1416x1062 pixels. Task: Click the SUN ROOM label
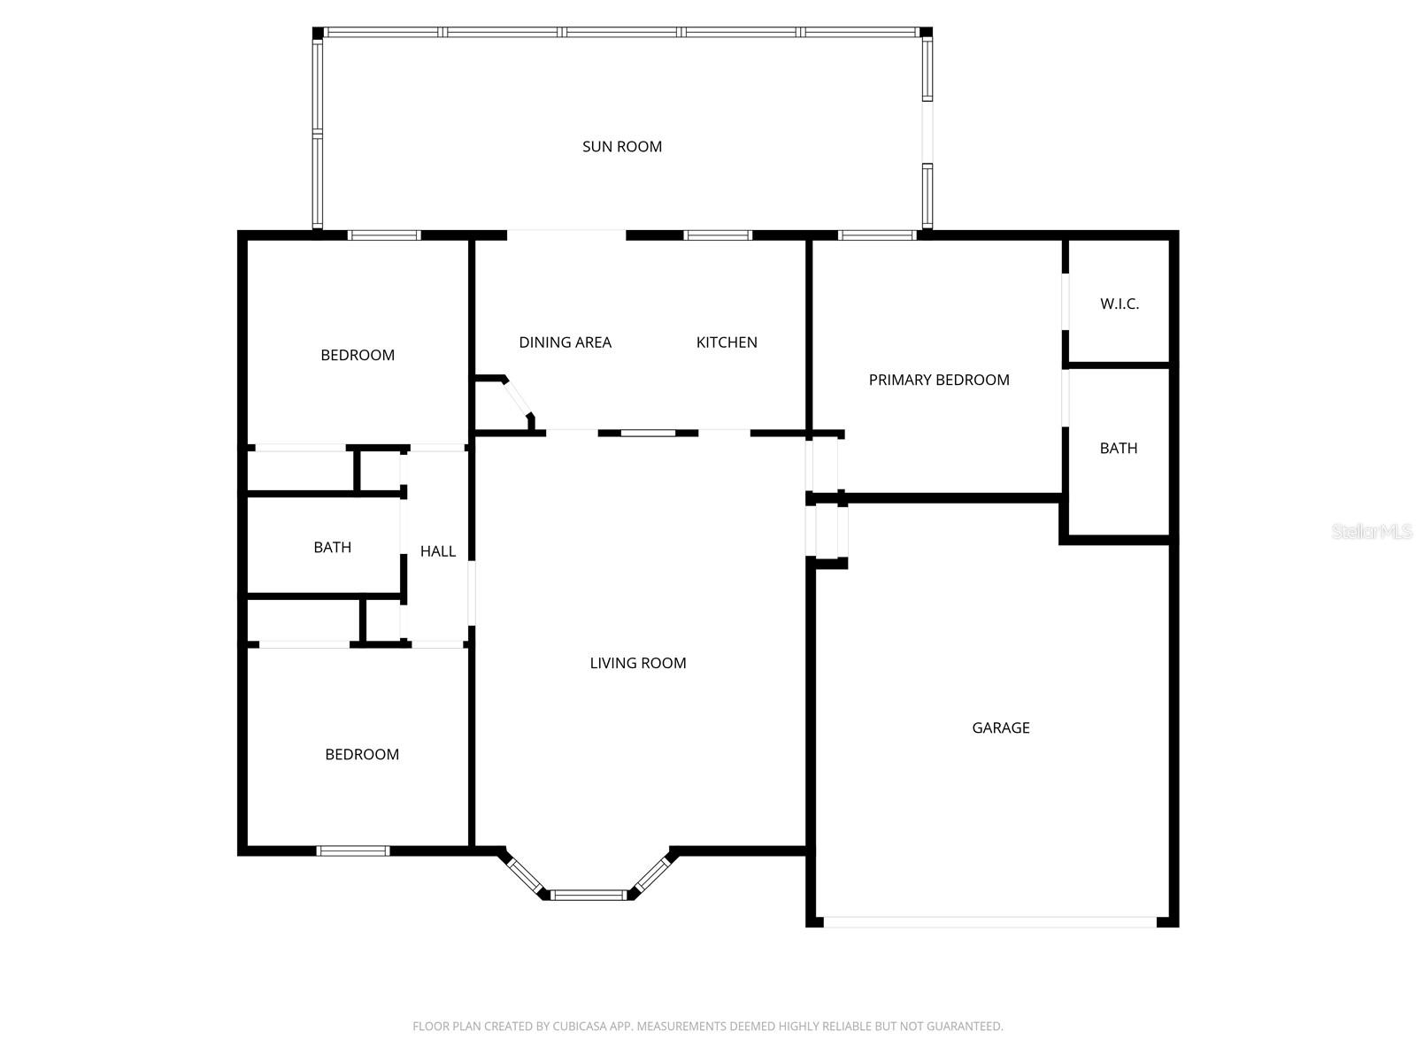click(621, 147)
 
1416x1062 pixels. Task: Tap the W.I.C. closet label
click(1120, 304)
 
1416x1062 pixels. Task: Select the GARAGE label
click(1000, 727)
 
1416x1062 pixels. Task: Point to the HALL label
click(437, 551)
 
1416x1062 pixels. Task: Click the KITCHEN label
click(726, 342)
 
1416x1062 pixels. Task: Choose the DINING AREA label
click(565, 342)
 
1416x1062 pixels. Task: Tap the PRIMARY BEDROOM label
click(938, 380)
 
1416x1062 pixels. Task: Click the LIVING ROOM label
click(637, 663)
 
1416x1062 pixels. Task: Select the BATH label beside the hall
click(332, 548)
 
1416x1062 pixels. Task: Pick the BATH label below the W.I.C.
click(1118, 449)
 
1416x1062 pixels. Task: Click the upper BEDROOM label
click(357, 355)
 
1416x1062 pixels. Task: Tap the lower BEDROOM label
click(361, 754)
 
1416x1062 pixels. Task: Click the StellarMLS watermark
click(1371, 531)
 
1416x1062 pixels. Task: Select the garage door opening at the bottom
click(989, 922)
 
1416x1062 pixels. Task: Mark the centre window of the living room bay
click(589, 895)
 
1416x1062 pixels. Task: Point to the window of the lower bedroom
click(352, 851)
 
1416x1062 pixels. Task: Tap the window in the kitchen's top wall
click(718, 235)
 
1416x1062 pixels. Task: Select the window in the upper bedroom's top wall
click(383, 235)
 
